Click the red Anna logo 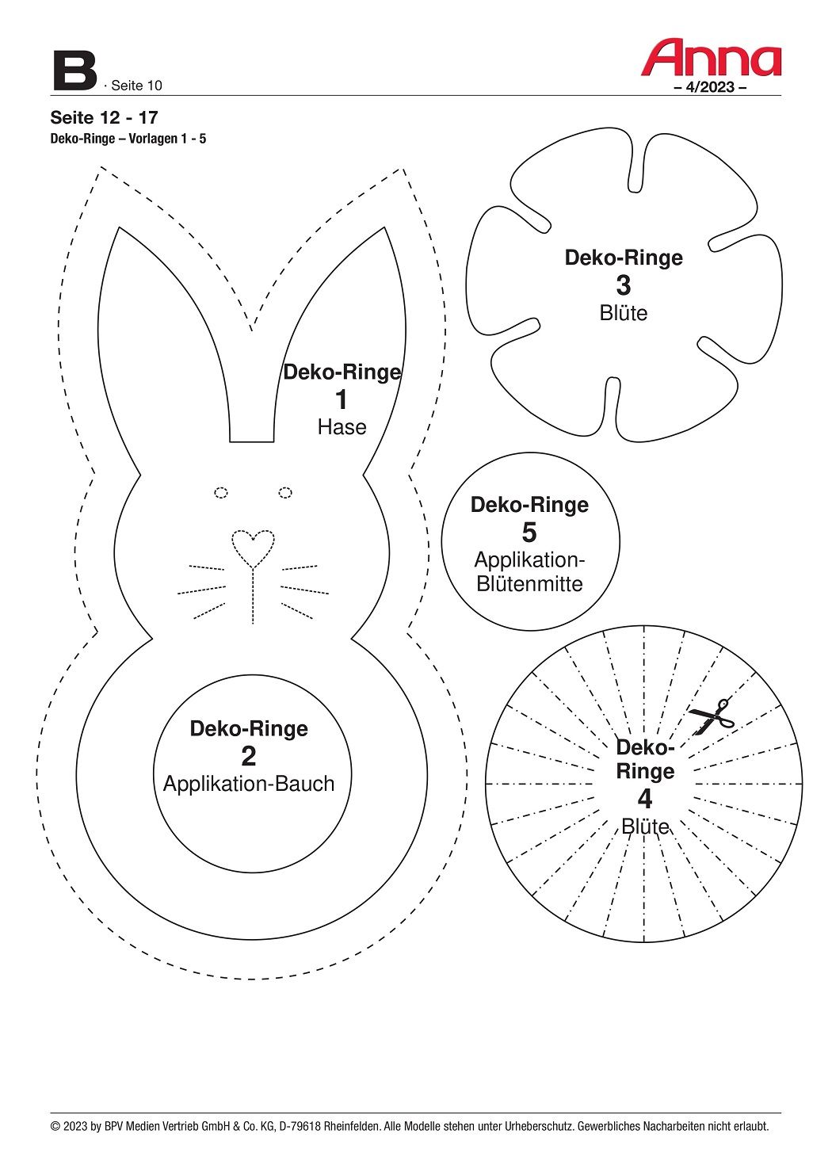pos(711,58)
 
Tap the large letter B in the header pos(74,71)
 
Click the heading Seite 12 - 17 pos(104,118)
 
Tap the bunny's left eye pos(221,493)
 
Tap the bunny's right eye pos(285,493)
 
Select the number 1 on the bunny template pos(342,400)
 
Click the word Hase pos(342,427)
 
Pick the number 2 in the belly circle pos(249,757)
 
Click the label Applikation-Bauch pos(249,784)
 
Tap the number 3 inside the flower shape pos(624,285)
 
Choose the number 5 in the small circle pos(529,533)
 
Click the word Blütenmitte pos(529,584)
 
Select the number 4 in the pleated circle pos(645,798)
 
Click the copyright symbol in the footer pos(55,1126)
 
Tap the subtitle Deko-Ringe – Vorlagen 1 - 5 pos(128,139)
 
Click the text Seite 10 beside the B pos(136,86)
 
